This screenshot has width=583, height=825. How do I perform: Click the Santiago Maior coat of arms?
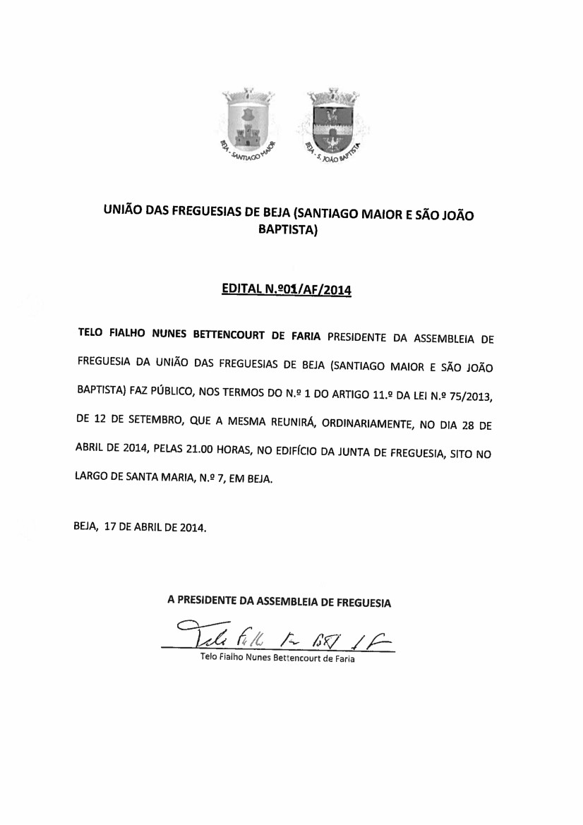pyautogui.click(x=248, y=120)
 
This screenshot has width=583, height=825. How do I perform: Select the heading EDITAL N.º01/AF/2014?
pyautogui.click(x=287, y=289)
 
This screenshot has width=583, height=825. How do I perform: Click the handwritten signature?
pyautogui.click(x=282, y=633)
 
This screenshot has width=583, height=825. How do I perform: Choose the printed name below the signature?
pyautogui.click(x=277, y=658)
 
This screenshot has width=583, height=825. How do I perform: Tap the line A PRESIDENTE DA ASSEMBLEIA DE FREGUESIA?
pyautogui.click(x=279, y=602)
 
